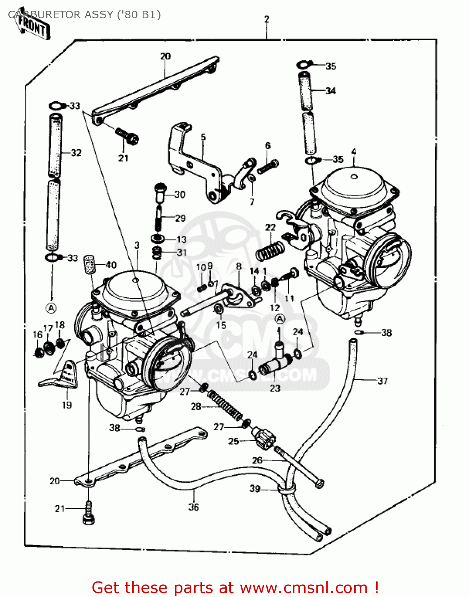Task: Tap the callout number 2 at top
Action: click(x=266, y=19)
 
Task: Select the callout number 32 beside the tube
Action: click(x=76, y=153)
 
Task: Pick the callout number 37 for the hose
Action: click(x=382, y=381)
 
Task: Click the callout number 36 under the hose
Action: click(x=194, y=507)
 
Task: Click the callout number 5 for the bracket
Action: click(x=203, y=137)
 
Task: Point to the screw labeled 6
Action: click(x=268, y=167)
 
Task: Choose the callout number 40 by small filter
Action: click(x=111, y=265)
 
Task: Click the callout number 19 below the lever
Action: click(x=67, y=405)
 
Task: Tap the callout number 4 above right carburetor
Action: click(x=353, y=152)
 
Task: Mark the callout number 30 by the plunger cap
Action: click(x=180, y=194)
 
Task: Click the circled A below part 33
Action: click(x=51, y=308)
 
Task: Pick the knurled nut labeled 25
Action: click(x=265, y=437)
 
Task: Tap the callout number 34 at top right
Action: click(x=330, y=91)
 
